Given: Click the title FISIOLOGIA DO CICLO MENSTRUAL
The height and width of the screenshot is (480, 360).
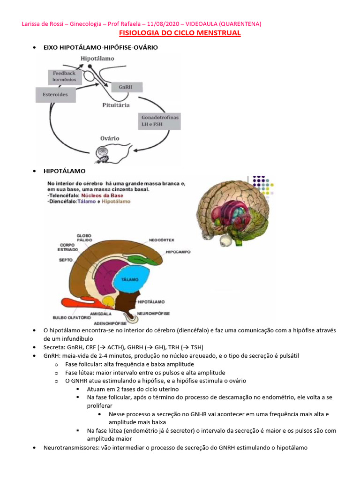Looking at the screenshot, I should pos(180,33).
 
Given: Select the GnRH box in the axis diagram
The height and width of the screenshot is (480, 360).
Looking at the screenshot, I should pos(125,87).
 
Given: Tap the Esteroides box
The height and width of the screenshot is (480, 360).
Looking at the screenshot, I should pos(56,95).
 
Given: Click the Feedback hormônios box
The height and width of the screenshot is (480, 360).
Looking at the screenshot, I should pos(64,77).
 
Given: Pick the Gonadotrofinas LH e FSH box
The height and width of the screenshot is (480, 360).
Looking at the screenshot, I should pos(160,120).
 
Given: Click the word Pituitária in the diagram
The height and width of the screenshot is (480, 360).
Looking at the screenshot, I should pos(116,105).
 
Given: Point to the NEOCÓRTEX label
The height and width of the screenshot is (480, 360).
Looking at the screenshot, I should pos(162,240).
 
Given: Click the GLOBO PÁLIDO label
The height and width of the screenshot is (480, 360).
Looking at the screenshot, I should pos(84,238).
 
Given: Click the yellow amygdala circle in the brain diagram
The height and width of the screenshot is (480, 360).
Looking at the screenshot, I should pos(109,301).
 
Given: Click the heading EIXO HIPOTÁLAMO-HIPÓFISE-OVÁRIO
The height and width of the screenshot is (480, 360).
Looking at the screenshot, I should pos(100,47).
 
